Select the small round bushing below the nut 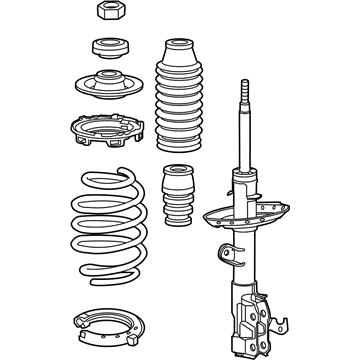[108, 47]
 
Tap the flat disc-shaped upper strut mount [108, 88]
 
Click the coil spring [109, 222]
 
